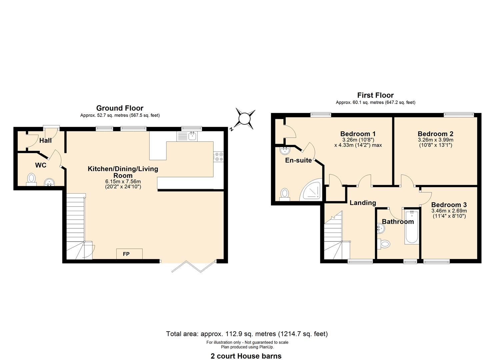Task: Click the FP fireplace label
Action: pyautogui.click(x=126, y=254)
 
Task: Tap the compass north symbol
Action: pyautogui.click(x=244, y=119)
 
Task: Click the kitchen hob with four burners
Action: pyautogui.click(x=218, y=157)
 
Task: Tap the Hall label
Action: pyautogui.click(x=45, y=140)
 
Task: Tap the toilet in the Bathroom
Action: pyautogui.click(x=384, y=244)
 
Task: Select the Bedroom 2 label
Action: pyautogui.click(x=435, y=134)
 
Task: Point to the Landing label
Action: pyautogui.click(x=363, y=203)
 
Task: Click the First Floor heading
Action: pyautogui.click(x=375, y=95)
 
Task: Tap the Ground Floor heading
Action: pyautogui.click(x=120, y=108)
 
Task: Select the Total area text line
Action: pyautogui.click(x=247, y=334)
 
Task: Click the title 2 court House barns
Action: pyautogui.click(x=246, y=356)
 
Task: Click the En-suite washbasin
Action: pyautogui.click(x=284, y=150)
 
